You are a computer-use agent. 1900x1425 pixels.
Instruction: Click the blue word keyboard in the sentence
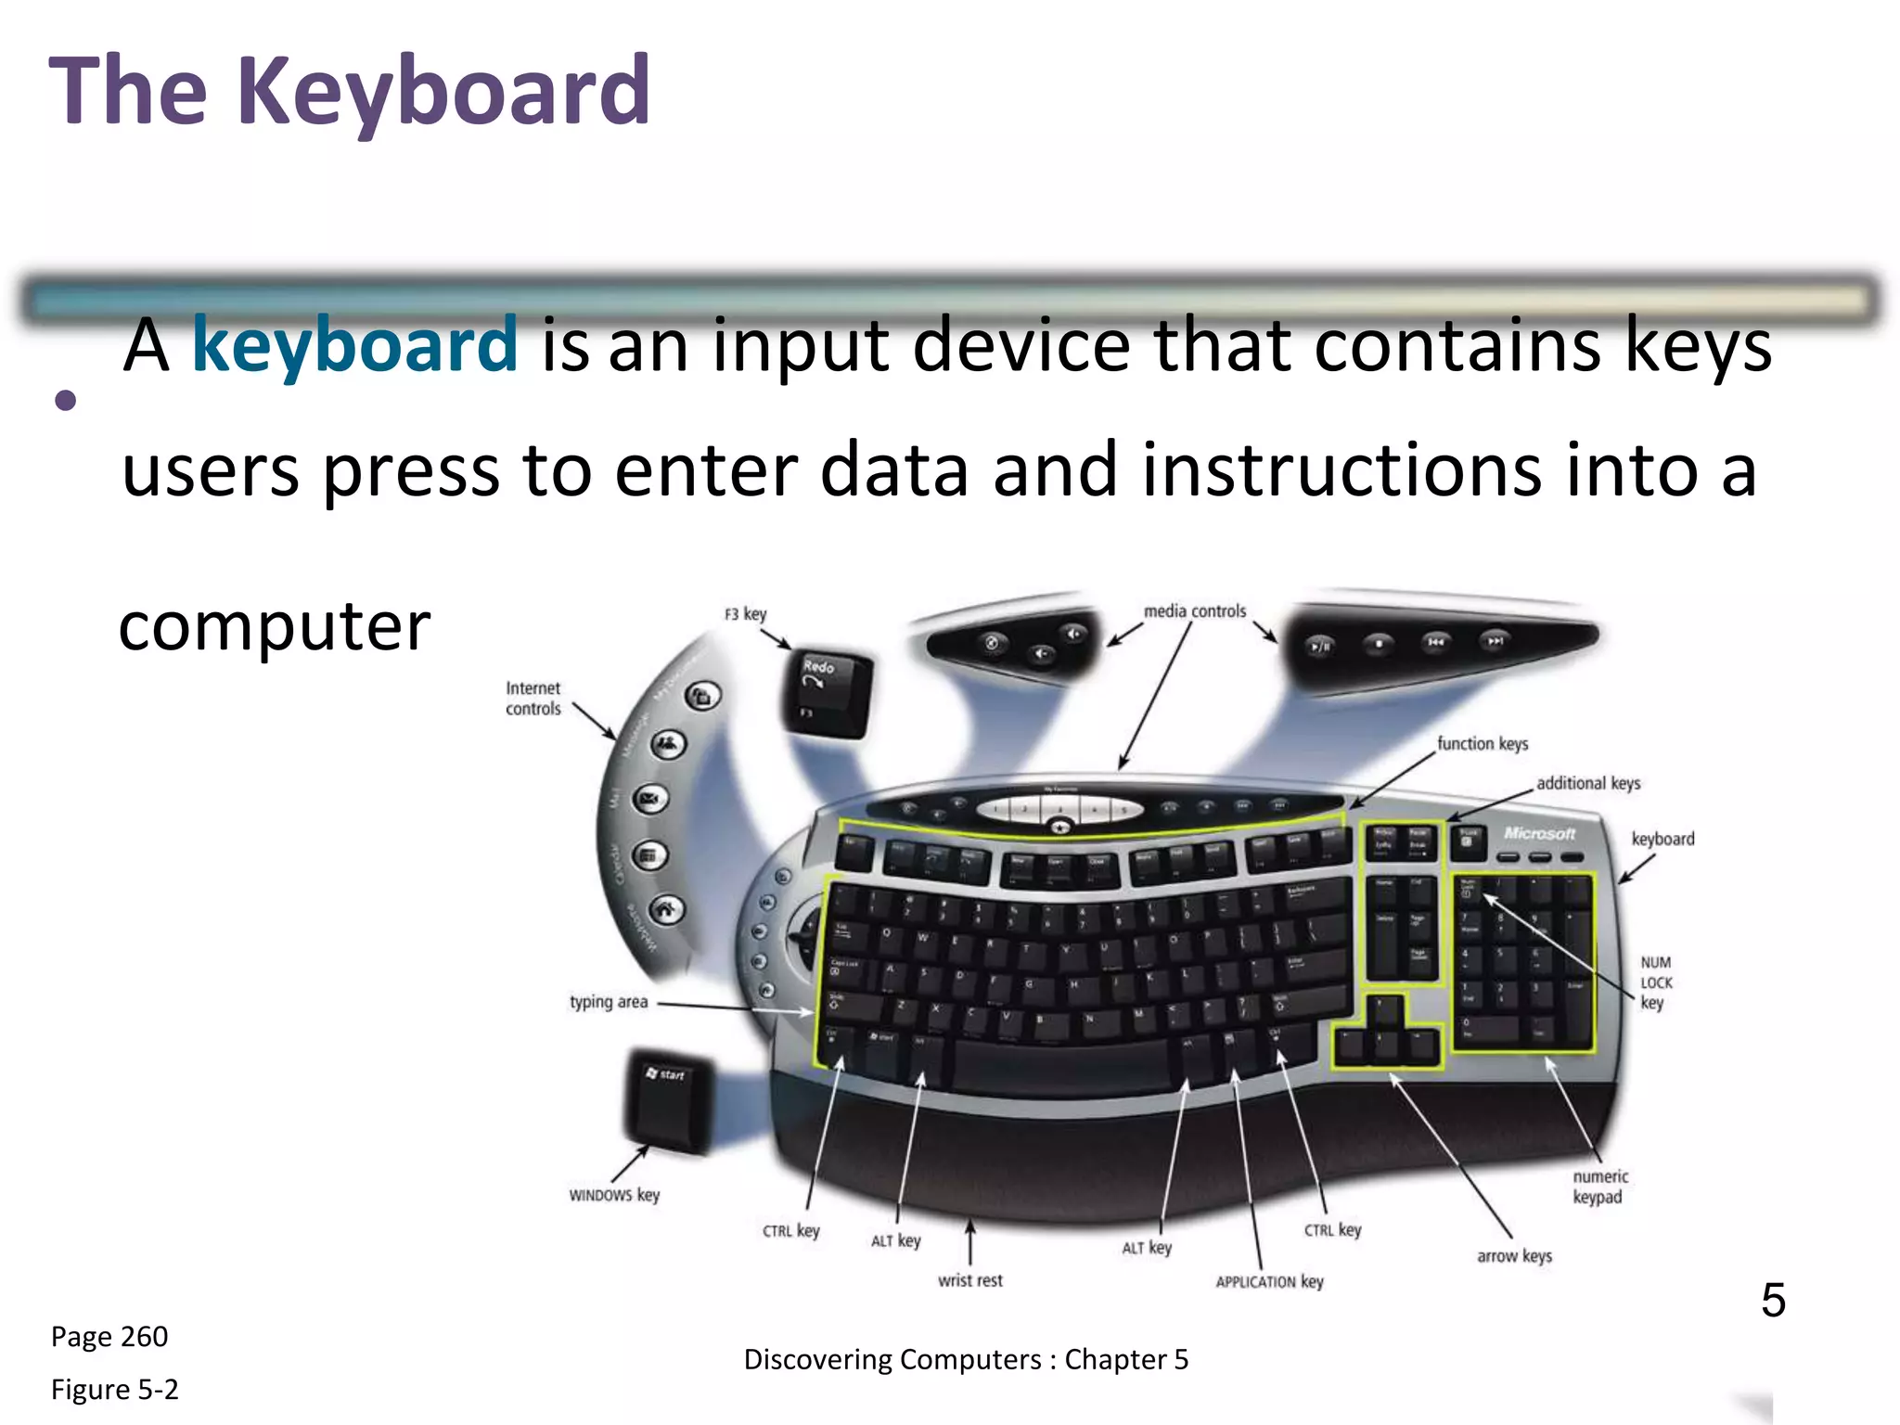[353, 345]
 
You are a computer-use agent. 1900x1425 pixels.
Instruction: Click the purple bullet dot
[65, 401]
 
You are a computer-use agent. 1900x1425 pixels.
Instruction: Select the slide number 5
[1773, 1300]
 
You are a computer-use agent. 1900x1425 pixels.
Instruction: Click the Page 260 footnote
[109, 1337]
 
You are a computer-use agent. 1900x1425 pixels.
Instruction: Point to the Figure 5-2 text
[114, 1390]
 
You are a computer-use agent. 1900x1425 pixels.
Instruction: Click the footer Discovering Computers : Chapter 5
[966, 1359]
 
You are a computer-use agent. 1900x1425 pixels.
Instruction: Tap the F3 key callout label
[745, 614]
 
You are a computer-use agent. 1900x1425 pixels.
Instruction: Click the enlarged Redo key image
[828, 691]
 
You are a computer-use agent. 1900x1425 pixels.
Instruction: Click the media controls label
[1195, 611]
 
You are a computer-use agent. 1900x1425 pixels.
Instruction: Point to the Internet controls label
[533, 699]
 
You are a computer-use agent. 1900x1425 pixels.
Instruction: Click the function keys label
[1483, 743]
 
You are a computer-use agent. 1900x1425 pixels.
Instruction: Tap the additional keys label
[1588, 783]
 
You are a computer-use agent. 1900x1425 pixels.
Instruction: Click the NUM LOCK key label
[1656, 982]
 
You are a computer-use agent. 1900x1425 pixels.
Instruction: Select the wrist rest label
[970, 1280]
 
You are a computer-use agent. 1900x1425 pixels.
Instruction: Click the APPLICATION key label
[1269, 1281]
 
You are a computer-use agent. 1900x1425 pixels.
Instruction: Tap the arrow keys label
[1514, 1256]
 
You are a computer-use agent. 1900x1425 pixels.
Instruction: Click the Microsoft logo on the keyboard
[1540, 833]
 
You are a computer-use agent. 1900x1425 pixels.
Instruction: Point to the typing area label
[609, 1002]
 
